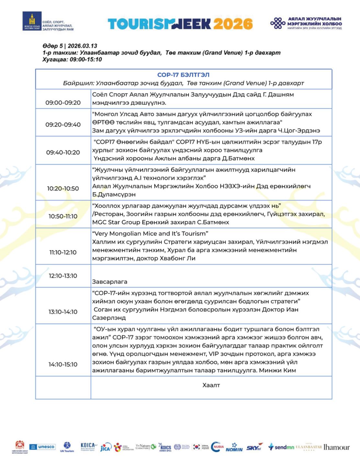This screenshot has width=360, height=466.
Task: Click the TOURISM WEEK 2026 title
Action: (180, 24)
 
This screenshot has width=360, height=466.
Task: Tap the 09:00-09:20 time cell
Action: (63, 103)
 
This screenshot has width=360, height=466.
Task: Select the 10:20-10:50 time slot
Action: (63, 188)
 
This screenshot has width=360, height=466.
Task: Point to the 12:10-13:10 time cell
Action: (63, 276)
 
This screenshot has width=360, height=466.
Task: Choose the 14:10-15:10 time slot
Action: (63, 364)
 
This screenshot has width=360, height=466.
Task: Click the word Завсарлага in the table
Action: (110, 282)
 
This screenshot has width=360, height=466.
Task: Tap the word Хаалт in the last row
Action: (211, 385)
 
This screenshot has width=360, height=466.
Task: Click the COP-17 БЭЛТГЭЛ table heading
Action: (183, 75)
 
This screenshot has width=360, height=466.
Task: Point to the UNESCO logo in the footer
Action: (42, 447)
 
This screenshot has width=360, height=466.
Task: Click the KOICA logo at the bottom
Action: (88, 446)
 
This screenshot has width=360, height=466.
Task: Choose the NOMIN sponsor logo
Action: (234, 448)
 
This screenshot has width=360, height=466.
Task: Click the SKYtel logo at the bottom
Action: (254, 448)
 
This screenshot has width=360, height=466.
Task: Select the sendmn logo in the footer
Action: (281, 447)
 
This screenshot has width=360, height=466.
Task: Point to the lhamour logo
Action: (337, 447)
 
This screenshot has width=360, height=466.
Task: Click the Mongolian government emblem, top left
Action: (32, 21)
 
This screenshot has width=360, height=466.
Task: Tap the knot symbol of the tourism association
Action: (278, 23)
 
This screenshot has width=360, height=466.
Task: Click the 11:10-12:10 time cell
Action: (63, 252)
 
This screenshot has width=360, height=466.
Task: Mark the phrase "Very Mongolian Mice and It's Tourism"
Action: (150, 234)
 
